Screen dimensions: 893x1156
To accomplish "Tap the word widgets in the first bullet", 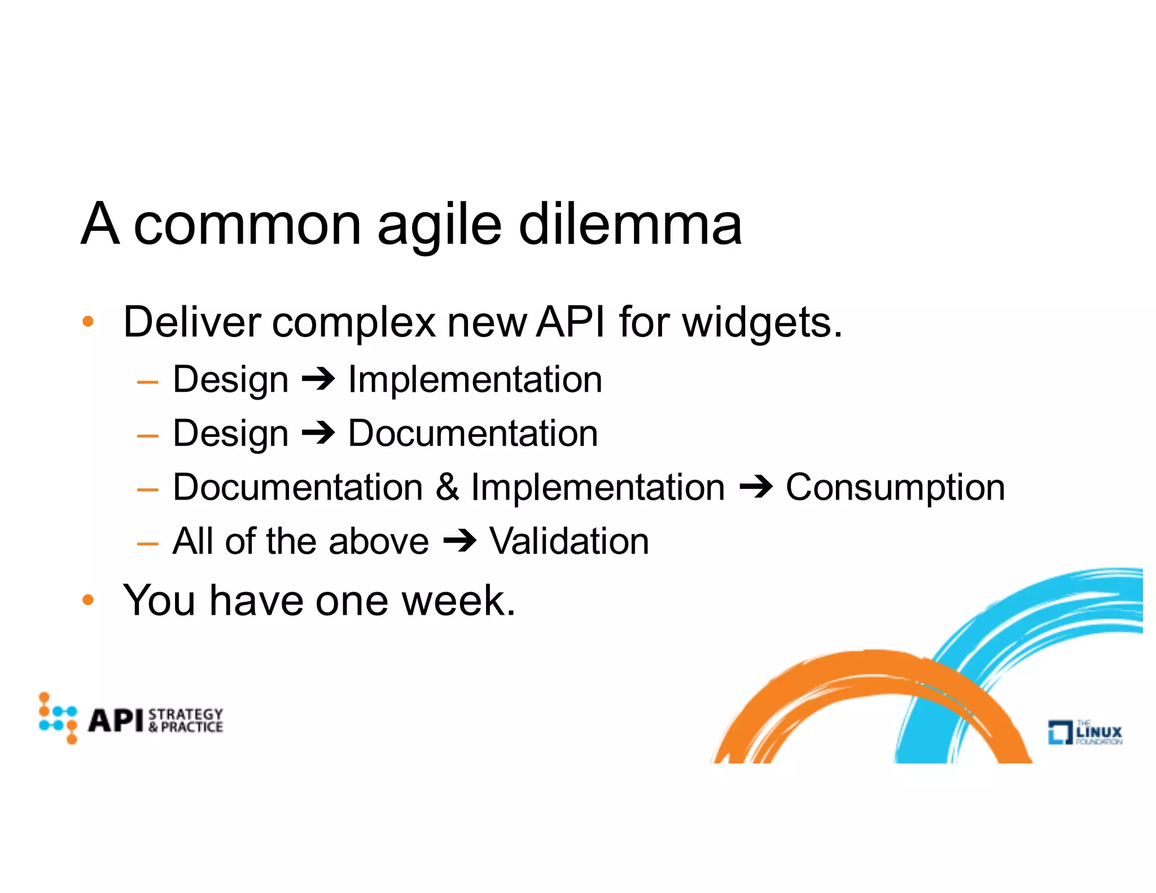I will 761,322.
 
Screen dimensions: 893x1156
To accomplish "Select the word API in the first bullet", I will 571,322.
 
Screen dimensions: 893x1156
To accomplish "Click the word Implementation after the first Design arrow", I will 475,379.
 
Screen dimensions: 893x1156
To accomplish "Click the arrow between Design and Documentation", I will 318,434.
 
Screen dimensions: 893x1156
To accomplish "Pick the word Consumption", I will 895,488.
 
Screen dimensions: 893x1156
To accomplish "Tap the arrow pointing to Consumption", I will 756,487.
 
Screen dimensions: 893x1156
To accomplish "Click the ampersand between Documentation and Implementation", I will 447,487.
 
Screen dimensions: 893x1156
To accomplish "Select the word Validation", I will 569,541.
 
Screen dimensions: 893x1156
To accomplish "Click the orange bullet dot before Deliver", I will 88,322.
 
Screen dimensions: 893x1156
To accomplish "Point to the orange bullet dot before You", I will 88,599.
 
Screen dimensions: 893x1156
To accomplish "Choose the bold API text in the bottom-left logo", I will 116,720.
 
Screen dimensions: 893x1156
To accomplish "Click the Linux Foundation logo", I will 1084,732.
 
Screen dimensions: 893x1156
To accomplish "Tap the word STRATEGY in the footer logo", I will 186,714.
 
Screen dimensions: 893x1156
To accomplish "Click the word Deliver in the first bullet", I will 192,322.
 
